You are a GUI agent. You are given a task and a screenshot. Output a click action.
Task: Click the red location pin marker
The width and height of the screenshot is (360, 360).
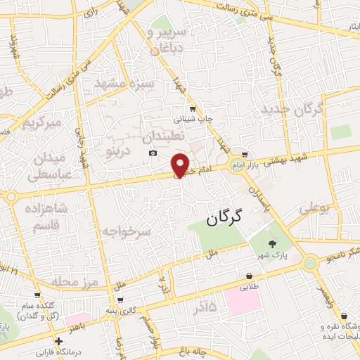point(181,165)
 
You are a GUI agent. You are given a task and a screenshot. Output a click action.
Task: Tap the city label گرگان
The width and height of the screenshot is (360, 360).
point(224,218)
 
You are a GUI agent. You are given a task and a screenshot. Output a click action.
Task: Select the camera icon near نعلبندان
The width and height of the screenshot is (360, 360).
point(153,153)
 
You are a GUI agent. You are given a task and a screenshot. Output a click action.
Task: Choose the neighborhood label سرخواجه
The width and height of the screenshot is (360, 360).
point(126,231)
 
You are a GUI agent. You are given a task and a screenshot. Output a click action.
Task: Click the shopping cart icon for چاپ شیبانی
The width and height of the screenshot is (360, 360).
point(193,108)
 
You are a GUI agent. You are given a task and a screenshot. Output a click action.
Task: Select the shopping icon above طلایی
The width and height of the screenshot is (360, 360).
point(248,276)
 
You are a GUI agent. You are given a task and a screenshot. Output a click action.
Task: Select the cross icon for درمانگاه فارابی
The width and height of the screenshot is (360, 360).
point(59,341)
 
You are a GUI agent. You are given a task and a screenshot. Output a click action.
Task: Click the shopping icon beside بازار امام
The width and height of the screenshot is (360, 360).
point(245,154)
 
